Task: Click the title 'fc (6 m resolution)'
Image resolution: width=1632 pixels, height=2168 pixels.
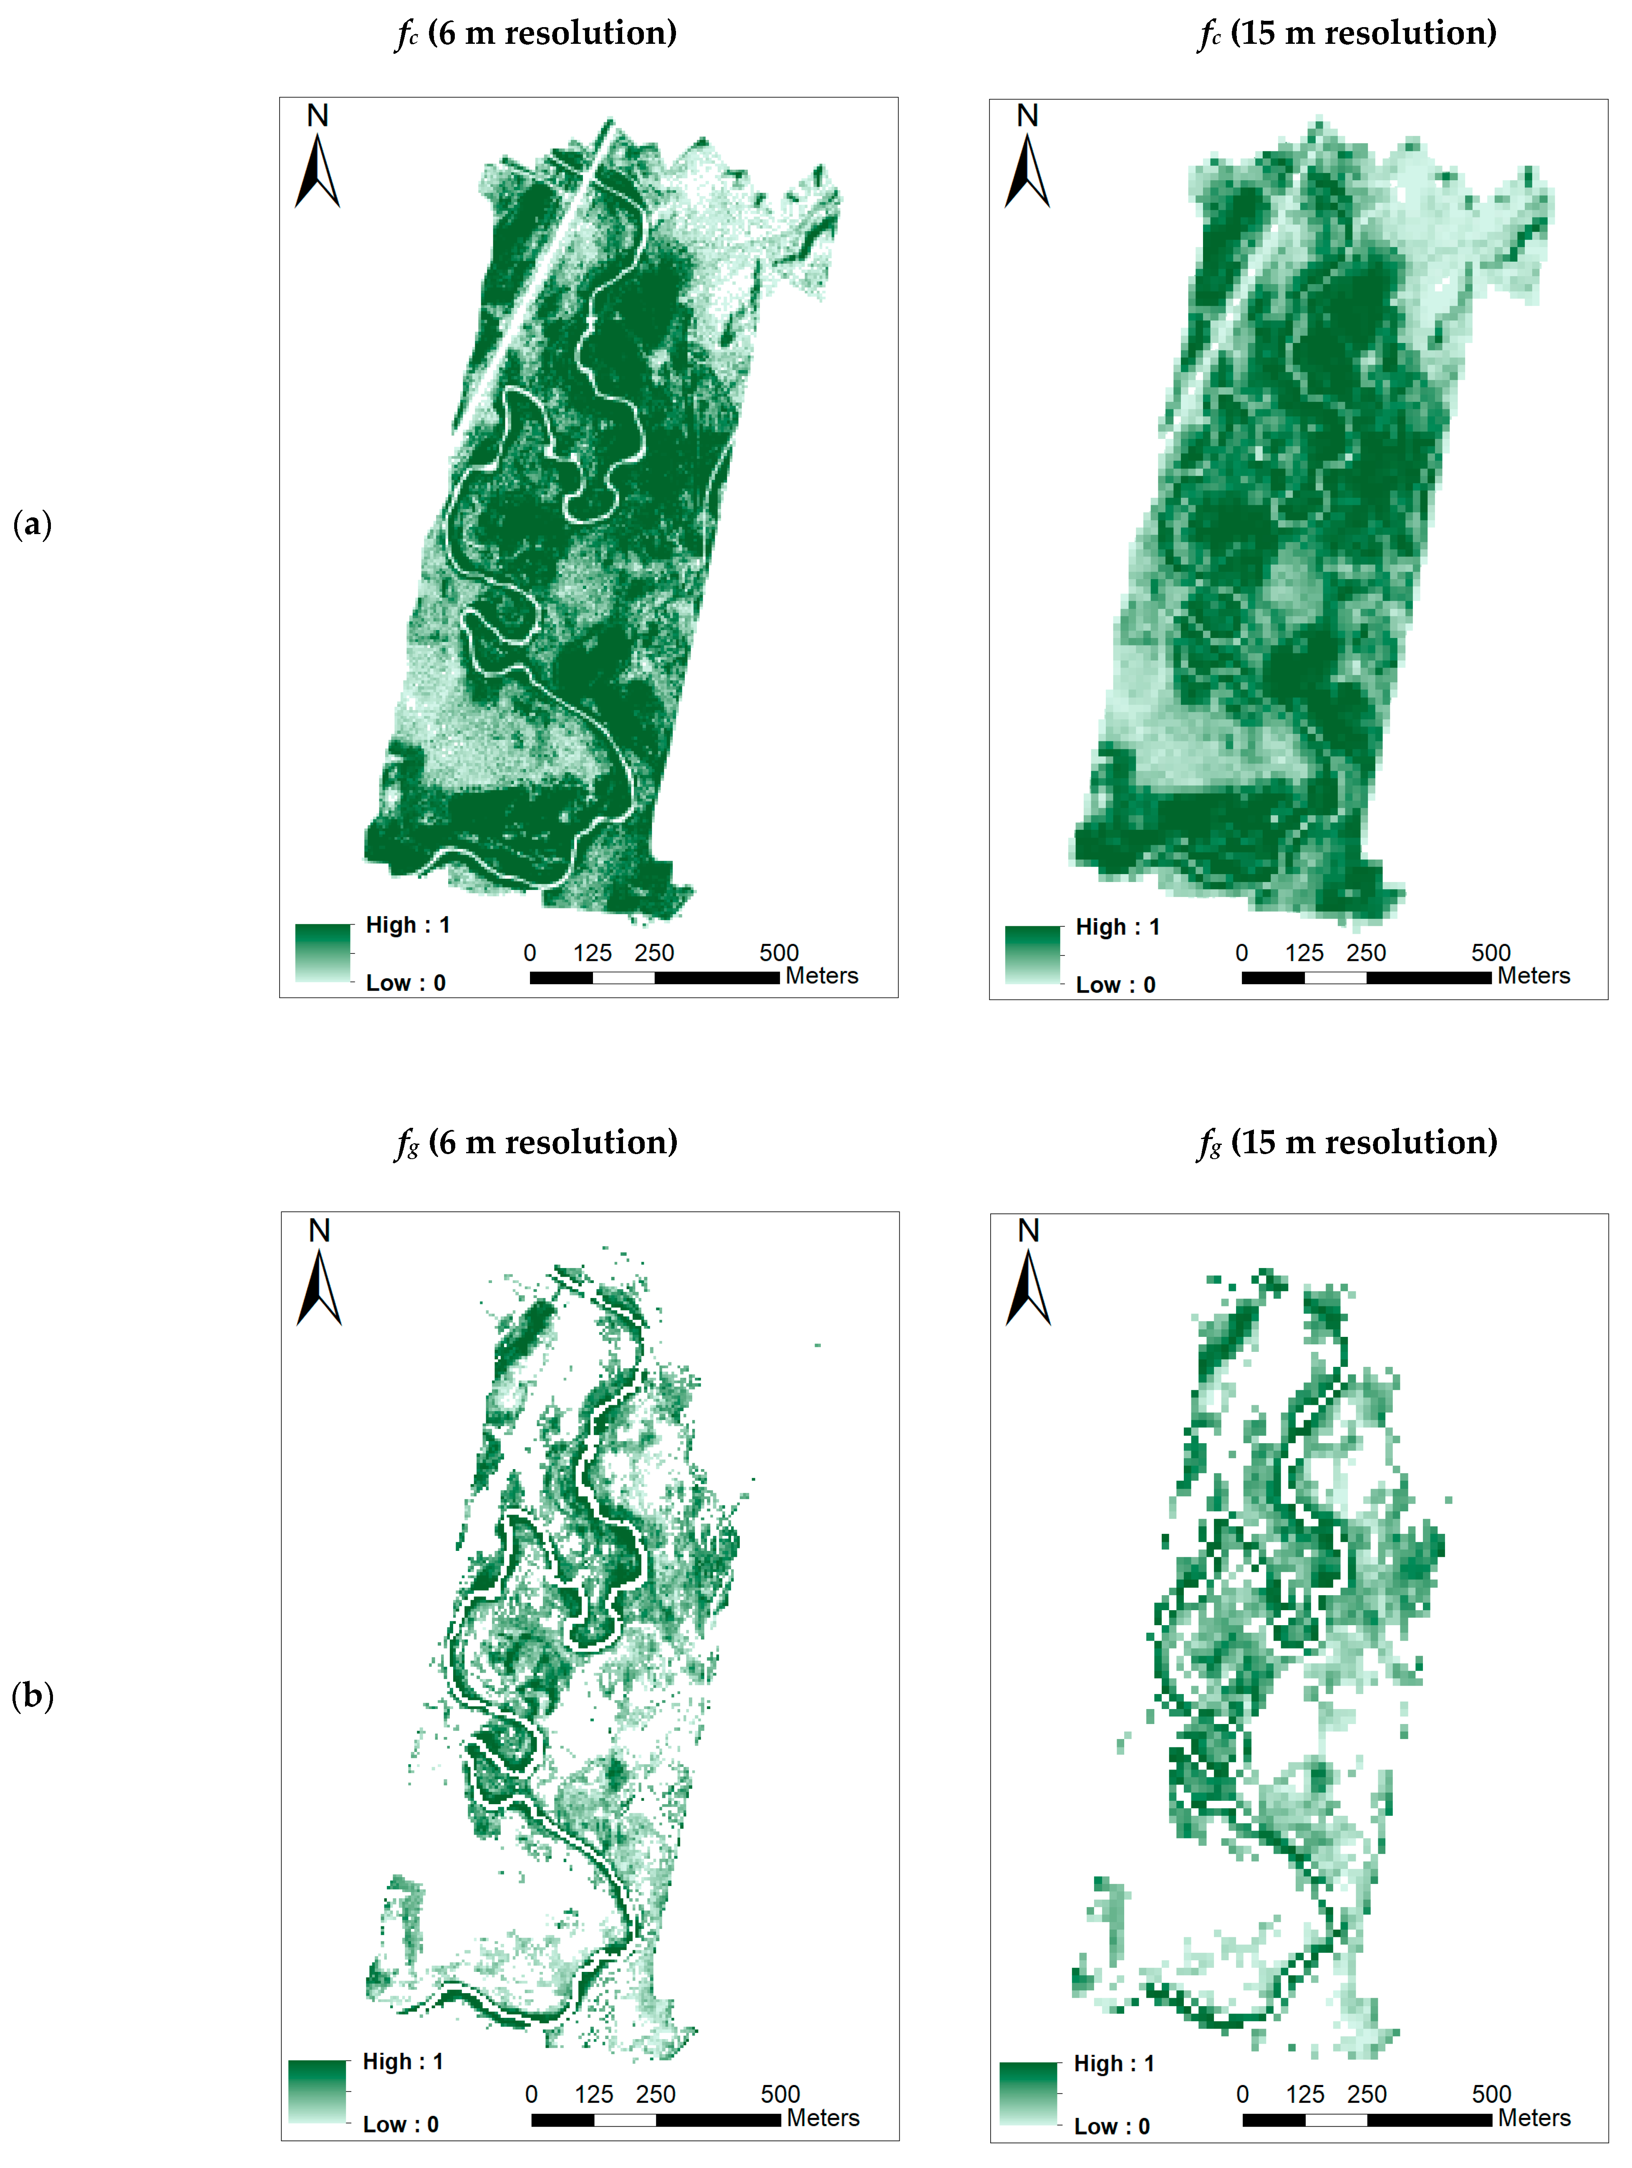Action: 536,33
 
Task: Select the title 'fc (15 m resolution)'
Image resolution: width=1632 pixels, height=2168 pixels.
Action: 1348,33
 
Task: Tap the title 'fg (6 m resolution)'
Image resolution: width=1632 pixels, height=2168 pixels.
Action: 536,1143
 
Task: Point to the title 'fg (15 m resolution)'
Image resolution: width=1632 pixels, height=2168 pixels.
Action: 1348,1143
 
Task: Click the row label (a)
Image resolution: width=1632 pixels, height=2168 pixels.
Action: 33,524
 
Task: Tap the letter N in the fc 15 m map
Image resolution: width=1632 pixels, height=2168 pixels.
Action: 1027,116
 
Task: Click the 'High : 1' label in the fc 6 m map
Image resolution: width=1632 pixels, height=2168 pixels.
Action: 408,925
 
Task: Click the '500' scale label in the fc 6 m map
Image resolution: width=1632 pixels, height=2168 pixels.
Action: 779,953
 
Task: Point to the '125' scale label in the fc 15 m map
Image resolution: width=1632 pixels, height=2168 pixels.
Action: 1304,953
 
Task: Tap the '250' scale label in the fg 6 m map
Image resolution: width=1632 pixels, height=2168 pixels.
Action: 656,2095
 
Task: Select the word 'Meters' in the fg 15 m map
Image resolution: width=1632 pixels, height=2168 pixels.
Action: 1534,2118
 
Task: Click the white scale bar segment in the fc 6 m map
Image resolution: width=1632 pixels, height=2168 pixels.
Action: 623,977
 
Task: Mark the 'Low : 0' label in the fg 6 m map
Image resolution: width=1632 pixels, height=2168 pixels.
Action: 401,2124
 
